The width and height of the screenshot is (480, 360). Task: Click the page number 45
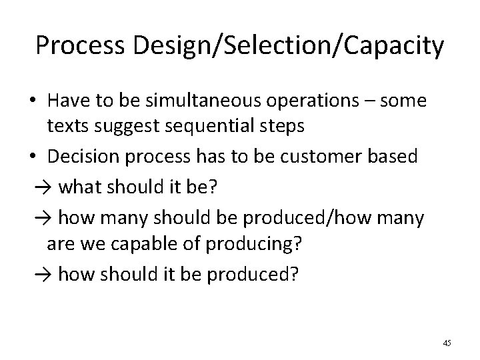coord(447,343)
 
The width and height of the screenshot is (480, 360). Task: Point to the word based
coord(397,157)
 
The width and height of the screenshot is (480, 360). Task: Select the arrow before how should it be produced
coord(42,274)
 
